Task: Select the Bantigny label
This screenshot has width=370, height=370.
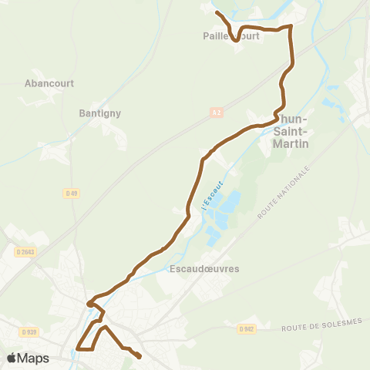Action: click(x=99, y=113)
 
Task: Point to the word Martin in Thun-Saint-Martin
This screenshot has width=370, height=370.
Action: click(x=291, y=143)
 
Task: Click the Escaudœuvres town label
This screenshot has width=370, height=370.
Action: click(x=203, y=269)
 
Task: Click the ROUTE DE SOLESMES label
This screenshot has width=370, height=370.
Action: click(x=321, y=327)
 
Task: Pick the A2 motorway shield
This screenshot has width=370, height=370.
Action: click(x=217, y=113)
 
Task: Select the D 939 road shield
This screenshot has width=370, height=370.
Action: click(x=29, y=331)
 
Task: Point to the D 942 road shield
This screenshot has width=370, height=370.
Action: click(x=247, y=329)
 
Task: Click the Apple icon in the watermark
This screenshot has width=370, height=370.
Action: click(x=12, y=358)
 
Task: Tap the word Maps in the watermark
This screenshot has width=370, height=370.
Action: click(x=34, y=358)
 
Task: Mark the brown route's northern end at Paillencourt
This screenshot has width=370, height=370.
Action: click(x=217, y=12)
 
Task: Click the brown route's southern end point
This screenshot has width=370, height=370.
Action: click(x=140, y=357)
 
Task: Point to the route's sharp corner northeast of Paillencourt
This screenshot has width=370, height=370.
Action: click(x=291, y=27)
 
